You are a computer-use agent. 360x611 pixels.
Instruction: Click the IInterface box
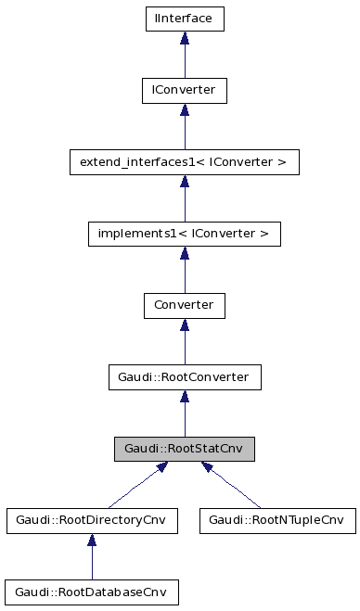(185, 18)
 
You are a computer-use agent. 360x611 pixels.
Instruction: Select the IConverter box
(185, 90)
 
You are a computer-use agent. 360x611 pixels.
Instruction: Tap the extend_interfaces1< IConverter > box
(185, 163)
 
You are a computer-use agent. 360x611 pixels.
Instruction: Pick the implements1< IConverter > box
(185, 234)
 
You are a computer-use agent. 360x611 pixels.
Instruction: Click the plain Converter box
(185, 305)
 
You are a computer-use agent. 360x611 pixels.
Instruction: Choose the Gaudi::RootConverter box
(185, 377)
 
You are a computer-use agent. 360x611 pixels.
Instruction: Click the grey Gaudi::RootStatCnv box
(185, 450)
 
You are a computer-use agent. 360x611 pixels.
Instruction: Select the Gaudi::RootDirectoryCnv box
(91, 520)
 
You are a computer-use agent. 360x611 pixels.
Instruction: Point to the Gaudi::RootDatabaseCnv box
(91, 591)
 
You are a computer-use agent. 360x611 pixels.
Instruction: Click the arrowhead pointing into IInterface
(185, 38)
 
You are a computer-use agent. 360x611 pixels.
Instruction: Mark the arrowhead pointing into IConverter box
(185, 110)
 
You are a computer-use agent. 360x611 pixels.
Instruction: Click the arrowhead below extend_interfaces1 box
(185, 183)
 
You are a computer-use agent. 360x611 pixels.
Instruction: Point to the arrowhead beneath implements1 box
(185, 254)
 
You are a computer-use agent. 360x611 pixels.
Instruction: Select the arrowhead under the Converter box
(185, 325)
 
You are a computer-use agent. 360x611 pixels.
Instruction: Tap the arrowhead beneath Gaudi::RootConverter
(185, 398)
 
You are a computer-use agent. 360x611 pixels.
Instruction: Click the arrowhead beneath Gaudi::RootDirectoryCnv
(91, 541)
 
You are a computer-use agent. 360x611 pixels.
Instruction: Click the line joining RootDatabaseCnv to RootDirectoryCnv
(91, 563)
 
